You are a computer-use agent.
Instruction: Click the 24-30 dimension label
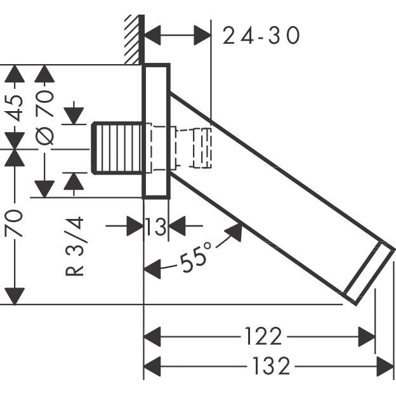point(261,36)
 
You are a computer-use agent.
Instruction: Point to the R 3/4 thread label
point(76,247)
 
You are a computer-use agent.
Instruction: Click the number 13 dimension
point(155,226)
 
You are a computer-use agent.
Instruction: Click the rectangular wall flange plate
point(156,131)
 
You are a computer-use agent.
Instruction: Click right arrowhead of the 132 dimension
point(385,366)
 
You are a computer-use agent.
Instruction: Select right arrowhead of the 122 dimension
point(367,336)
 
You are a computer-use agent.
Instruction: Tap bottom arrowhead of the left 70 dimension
point(15,296)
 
